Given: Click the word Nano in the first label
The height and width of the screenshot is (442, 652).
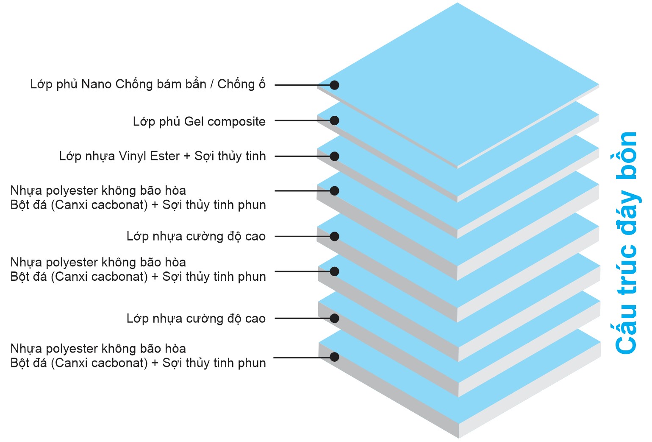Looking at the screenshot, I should [96, 84].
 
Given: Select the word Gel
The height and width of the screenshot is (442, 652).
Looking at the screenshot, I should [194, 121].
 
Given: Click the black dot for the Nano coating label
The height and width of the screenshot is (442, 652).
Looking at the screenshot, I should [334, 85].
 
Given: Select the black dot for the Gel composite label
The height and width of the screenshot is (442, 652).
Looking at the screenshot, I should [334, 120].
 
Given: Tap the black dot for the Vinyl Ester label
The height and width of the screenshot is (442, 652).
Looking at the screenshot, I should [334, 156].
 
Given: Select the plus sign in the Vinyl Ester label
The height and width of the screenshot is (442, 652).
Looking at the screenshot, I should [187, 157].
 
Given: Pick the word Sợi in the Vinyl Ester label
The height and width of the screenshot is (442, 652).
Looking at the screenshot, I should [203, 156].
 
